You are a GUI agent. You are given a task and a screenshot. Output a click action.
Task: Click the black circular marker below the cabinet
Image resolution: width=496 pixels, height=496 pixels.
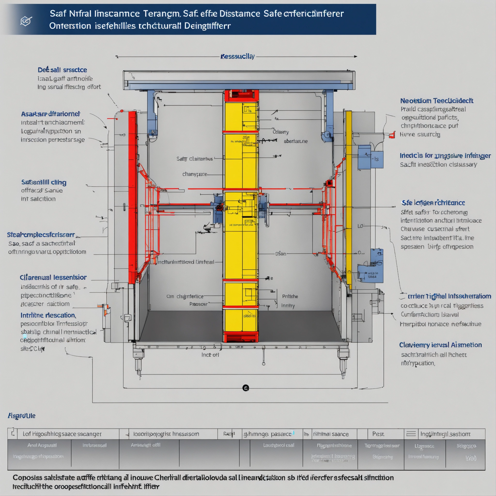(x=246, y=388)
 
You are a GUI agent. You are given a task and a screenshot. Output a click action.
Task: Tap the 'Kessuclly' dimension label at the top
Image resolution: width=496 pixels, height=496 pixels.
(x=238, y=56)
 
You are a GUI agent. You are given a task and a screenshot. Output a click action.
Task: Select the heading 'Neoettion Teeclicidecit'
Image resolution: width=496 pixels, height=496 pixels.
(x=436, y=101)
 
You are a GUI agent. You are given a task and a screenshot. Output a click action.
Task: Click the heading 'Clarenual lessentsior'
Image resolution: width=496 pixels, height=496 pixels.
(x=53, y=277)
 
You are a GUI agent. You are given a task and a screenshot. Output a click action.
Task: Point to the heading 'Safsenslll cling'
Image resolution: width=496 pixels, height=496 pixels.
(x=44, y=182)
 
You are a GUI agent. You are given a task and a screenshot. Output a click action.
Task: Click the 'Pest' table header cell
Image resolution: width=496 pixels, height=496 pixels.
(x=378, y=434)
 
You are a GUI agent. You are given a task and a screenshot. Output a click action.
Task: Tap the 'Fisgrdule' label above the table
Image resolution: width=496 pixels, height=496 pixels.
(x=22, y=416)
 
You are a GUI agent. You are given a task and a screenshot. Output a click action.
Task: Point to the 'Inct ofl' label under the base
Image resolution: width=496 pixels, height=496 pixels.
(x=210, y=355)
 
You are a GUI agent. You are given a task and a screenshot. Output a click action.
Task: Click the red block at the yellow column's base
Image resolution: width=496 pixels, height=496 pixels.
(x=240, y=337)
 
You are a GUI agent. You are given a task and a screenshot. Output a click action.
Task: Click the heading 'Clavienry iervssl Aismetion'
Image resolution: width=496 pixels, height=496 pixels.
(x=440, y=345)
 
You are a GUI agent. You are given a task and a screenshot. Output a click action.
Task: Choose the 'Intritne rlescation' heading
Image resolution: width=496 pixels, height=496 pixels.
(x=48, y=315)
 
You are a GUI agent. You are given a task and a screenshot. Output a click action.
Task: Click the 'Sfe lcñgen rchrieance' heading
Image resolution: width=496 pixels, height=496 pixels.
(x=433, y=203)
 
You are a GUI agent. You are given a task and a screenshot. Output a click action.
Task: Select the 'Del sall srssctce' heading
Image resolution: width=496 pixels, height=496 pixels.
(x=62, y=70)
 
